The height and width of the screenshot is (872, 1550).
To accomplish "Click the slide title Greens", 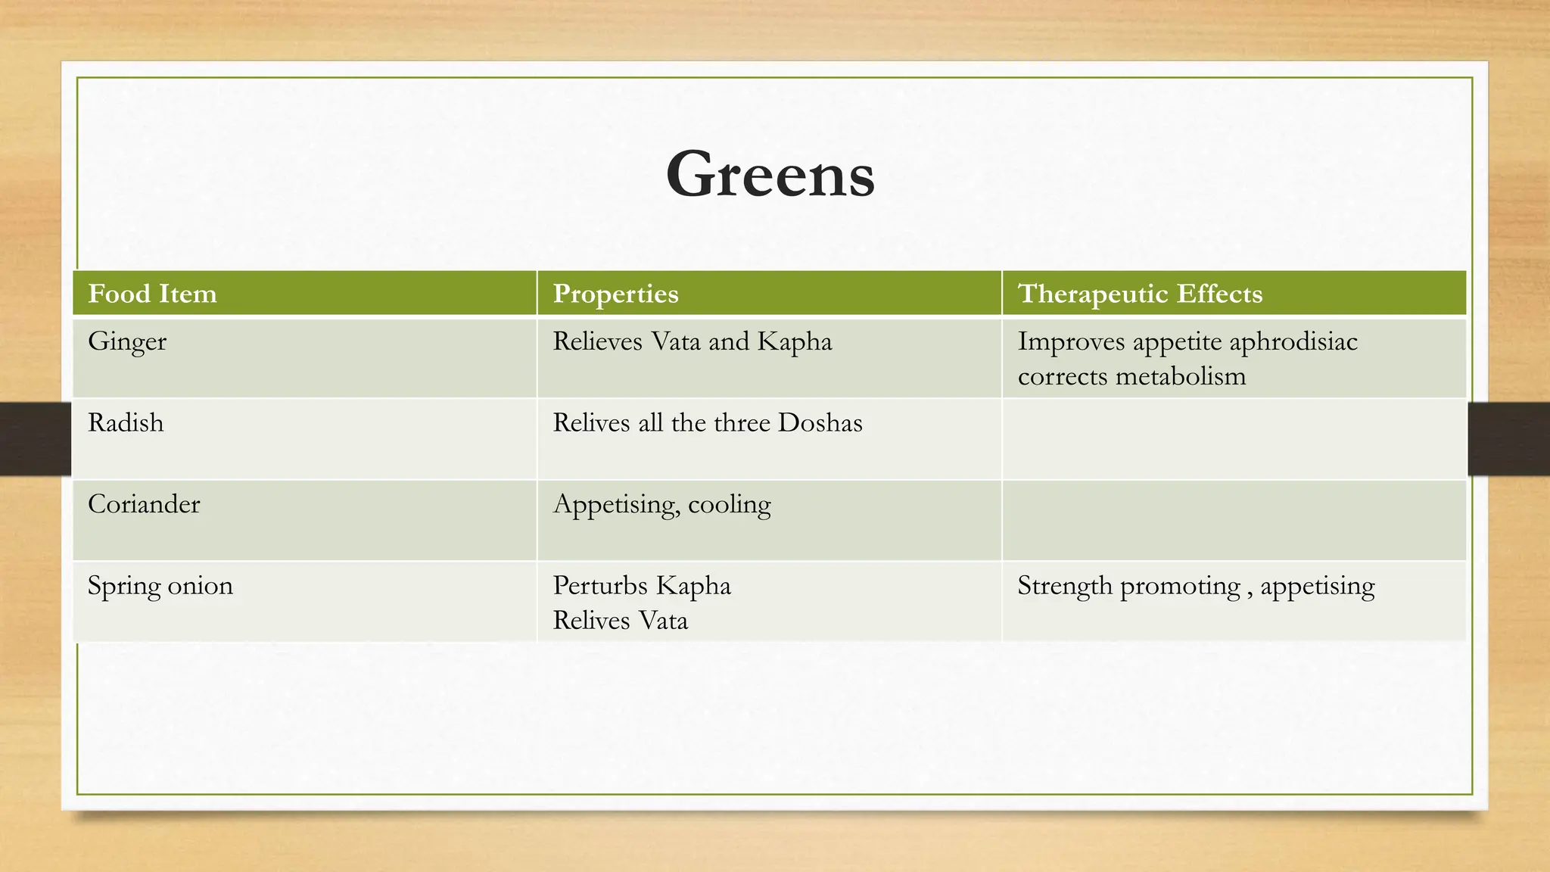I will click(x=770, y=175).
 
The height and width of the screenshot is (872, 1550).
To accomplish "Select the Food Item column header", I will click(x=152, y=294).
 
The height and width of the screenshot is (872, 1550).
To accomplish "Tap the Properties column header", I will click(x=615, y=294).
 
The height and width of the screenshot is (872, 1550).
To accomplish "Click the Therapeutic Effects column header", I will click(x=1140, y=294).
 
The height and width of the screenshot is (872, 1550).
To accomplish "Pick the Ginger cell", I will click(x=127, y=341).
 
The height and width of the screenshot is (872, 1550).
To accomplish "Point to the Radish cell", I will click(x=126, y=422).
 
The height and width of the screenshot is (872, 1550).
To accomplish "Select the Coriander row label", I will click(x=144, y=504).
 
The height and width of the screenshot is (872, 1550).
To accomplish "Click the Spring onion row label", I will click(x=160, y=586).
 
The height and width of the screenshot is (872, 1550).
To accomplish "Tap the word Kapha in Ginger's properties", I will click(x=794, y=341).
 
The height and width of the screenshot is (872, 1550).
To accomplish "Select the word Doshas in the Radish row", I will click(x=820, y=422).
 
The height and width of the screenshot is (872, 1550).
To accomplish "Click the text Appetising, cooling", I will click(x=661, y=505).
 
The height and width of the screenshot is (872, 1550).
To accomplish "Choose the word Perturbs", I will click(x=600, y=586).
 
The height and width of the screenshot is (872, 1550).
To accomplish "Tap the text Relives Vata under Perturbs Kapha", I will click(x=620, y=621).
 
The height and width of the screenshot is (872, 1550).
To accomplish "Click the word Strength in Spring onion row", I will click(x=1064, y=586).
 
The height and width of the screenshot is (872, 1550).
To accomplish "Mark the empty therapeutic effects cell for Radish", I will click(x=1234, y=439).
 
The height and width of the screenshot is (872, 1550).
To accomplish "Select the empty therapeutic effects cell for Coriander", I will click(x=1234, y=521).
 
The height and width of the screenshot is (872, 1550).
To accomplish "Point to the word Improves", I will click(x=1071, y=341).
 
